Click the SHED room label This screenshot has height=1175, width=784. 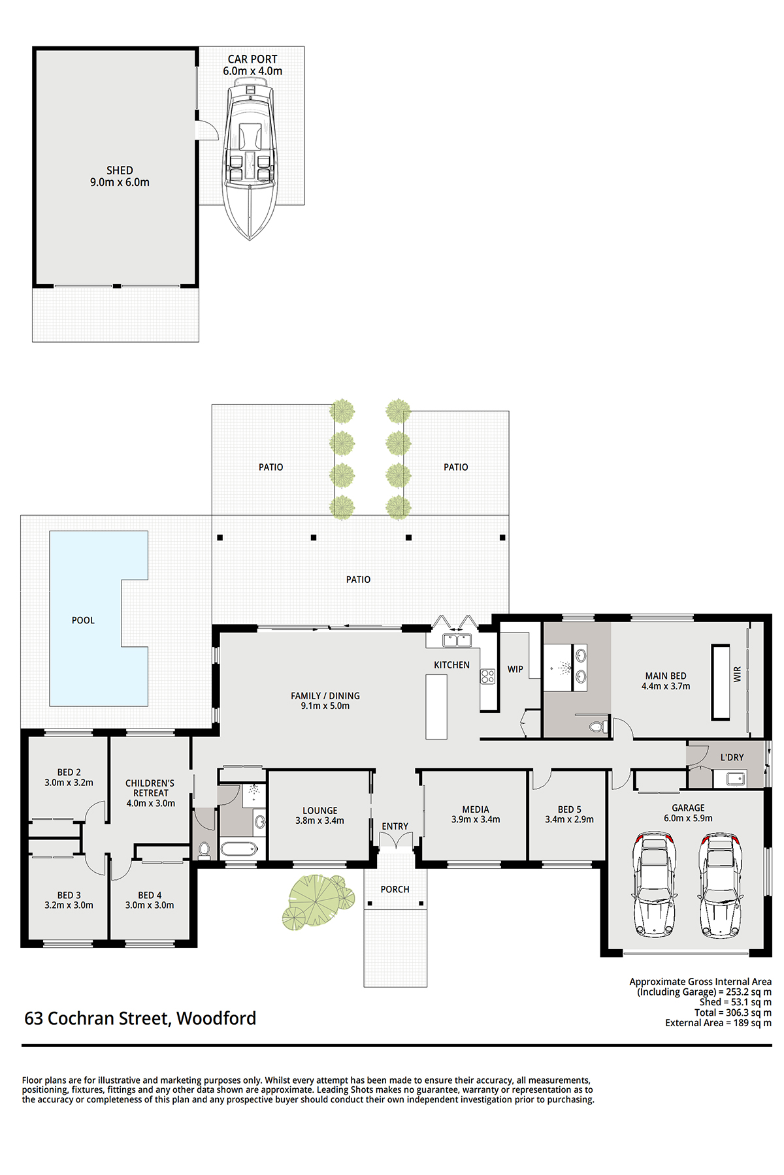click(120, 170)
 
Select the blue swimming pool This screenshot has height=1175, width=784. click(98, 618)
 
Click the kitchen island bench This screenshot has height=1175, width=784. click(436, 707)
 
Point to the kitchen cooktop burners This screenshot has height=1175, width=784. click(488, 676)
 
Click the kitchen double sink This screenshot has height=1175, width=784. click(457, 640)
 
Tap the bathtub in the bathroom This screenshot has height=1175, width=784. click(239, 849)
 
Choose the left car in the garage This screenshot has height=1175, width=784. click(654, 885)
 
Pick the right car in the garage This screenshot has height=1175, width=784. click(720, 885)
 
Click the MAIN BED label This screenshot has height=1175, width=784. click(666, 676)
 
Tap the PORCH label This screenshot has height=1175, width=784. click(395, 889)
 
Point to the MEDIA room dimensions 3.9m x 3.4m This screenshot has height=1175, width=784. click(476, 819)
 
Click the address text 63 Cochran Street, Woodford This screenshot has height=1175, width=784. click(140, 1018)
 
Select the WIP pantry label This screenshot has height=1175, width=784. click(515, 669)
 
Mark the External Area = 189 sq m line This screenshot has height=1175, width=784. click(718, 1023)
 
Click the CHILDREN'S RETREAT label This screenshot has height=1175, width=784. click(150, 788)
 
